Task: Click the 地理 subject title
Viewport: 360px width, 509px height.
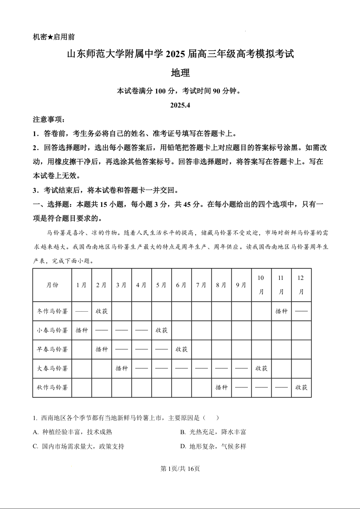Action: coord(180,73)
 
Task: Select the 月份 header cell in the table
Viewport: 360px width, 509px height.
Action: coord(52,285)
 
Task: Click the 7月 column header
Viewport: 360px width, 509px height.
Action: coord(201,285)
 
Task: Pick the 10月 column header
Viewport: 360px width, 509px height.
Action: coord(261,285)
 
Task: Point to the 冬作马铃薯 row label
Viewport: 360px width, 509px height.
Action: coord(52,311)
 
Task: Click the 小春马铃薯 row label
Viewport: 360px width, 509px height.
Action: coord(52,330)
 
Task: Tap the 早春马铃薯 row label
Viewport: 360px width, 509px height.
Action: coord(52,349)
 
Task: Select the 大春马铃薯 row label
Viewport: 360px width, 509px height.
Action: coord(52,368)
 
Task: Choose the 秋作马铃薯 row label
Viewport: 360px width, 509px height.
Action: coord(52,387)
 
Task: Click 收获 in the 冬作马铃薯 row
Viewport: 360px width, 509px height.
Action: coord(102,311)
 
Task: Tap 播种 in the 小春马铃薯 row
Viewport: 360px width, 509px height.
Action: coord(82,330)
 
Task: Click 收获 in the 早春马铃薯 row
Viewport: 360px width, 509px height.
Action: coord(182,349)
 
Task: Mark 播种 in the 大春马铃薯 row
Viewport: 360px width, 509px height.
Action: coord(122,368)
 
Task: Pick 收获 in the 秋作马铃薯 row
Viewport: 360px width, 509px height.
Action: coord(301,387)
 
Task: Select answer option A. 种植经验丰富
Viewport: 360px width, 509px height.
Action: coord(73,432)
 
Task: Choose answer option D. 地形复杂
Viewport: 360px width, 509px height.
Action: coord(213,446)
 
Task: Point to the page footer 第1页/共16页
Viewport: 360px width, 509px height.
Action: coord(180,469)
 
